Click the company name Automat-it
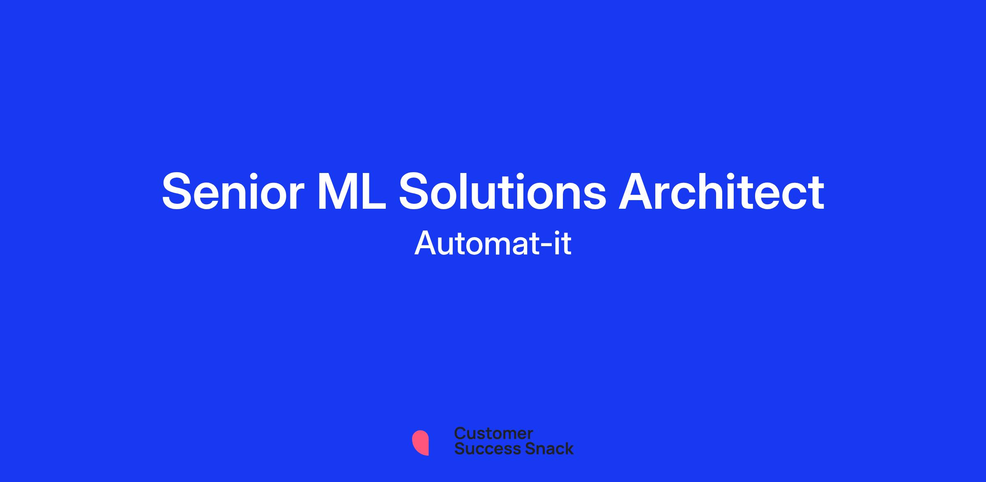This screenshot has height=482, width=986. point(493,243)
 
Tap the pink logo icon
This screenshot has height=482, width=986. point(420,443)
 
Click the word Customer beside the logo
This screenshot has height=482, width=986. point(493,433)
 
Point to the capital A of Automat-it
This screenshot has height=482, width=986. point(425,243)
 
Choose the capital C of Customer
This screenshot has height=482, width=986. point(461,433)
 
